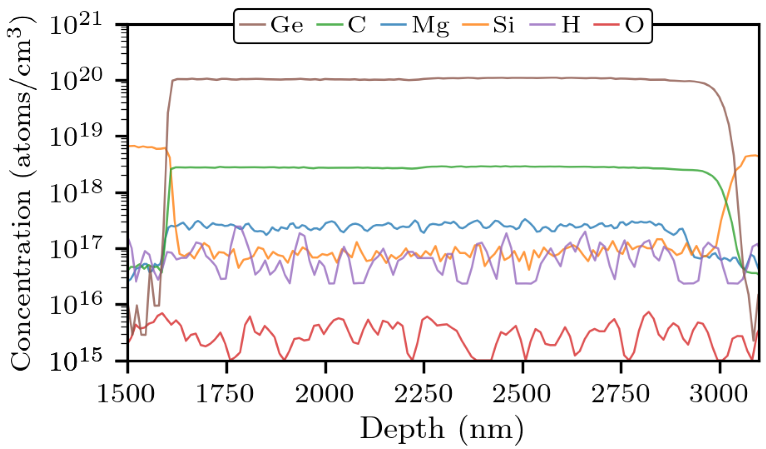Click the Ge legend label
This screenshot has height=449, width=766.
pos(287,25)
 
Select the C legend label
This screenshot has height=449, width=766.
pos(356,25)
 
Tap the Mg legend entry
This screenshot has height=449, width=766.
pos(430,26)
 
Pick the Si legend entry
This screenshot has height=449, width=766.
pos(504,25)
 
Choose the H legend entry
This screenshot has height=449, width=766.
pos(571,25)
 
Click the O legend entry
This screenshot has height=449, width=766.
pos(634,25)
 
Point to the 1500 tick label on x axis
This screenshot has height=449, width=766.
pos(126,393)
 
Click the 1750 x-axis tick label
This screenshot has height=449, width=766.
pos(225,393)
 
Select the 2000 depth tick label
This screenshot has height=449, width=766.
pos(324,393)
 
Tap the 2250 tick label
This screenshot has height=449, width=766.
pos(423,393)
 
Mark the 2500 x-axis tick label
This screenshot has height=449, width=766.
pos(521,393)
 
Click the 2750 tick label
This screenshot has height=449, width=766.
pos(620,393)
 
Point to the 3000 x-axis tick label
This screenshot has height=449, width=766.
pos(719,393)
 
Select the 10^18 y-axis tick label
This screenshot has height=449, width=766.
pos(75,192)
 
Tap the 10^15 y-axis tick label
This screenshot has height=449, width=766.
pos(75,360)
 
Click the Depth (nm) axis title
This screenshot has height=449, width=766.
pos(442,429)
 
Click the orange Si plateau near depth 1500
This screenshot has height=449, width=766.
pos(146,147)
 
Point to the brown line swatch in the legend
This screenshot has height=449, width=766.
pos(252,25)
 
